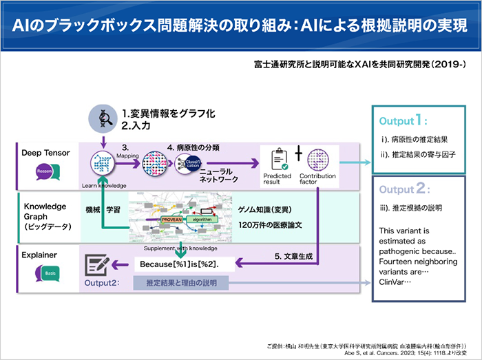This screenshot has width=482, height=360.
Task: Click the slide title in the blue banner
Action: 240,25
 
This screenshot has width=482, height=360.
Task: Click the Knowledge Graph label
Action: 45,211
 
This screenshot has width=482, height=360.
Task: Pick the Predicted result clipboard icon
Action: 277,160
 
